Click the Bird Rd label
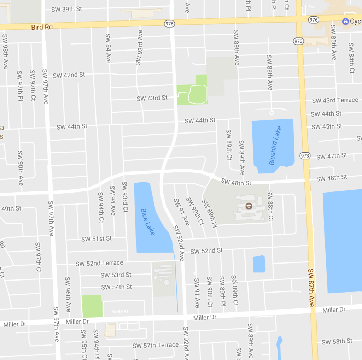42,27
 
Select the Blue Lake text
148,222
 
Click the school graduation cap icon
249,206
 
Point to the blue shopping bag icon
345,22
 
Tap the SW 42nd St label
69,75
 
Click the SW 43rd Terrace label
335,100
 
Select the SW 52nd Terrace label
99,263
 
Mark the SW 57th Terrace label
156,345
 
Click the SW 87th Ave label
311,288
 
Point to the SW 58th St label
337,341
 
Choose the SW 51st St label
97,239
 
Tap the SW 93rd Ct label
125,197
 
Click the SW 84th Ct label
351,58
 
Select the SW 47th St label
332,156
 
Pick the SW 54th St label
116,287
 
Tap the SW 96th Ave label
68,294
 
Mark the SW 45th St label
327,126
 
